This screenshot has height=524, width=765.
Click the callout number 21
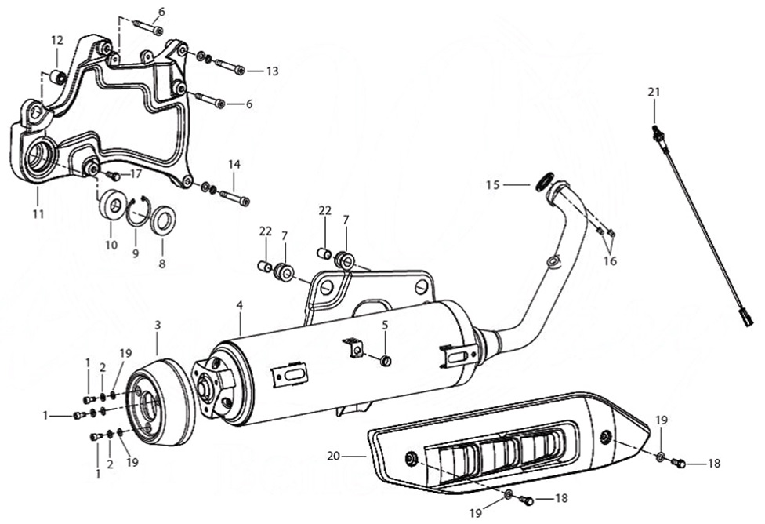pos(654,92)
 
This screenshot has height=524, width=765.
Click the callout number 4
pos(240,304)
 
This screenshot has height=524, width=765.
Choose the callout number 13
pos(272,71)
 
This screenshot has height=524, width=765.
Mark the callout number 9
pos(135,254)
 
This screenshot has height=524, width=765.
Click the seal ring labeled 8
pos(163,220)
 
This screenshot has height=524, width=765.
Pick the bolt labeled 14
pos(233,197)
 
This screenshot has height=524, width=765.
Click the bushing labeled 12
pos(56,77)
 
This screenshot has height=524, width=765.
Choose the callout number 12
pos(56,40)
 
